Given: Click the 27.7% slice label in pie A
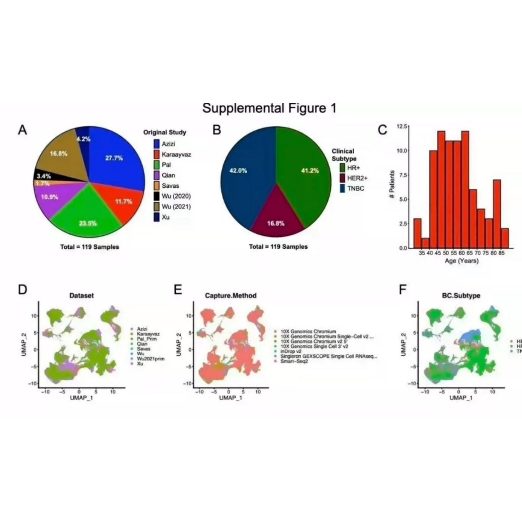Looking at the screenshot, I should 114,158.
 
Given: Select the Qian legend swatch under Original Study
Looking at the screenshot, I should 157,175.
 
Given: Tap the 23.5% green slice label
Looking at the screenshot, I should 88,223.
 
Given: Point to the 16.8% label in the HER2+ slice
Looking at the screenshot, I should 276,223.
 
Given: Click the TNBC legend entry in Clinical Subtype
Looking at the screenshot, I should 355,188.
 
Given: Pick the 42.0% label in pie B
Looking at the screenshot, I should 238,170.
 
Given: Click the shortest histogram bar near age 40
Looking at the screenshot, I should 425,243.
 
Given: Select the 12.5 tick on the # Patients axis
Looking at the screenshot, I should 402,126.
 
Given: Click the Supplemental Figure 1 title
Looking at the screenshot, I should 269,108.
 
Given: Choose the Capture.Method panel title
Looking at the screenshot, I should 231,296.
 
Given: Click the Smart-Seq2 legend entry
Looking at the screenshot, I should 294,361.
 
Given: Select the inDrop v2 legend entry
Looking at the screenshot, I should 291,351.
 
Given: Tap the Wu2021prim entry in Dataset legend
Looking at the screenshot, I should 148,359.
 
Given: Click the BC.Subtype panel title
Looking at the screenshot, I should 461,296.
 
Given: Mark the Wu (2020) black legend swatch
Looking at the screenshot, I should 157,196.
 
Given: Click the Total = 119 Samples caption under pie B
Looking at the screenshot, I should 278,246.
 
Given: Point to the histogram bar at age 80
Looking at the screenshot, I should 497,213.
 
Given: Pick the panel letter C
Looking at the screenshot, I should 382,130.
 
